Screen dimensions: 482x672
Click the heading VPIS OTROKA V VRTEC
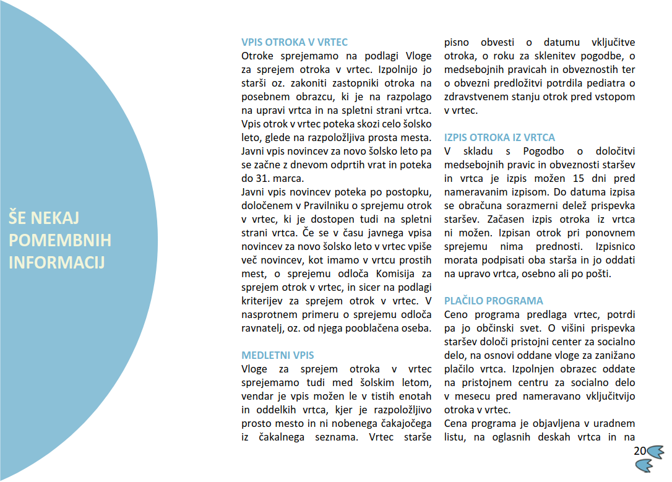tap(295, 43)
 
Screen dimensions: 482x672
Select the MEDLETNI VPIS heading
tap(278, 356)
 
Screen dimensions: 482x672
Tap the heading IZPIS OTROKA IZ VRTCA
tap(500, 138)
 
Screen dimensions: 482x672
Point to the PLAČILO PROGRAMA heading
tap(494, 301)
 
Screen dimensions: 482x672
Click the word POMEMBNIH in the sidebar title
tap(60, 240)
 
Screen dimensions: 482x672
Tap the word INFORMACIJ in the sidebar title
tap(57, 262)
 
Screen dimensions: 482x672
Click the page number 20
tap(640, 451)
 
